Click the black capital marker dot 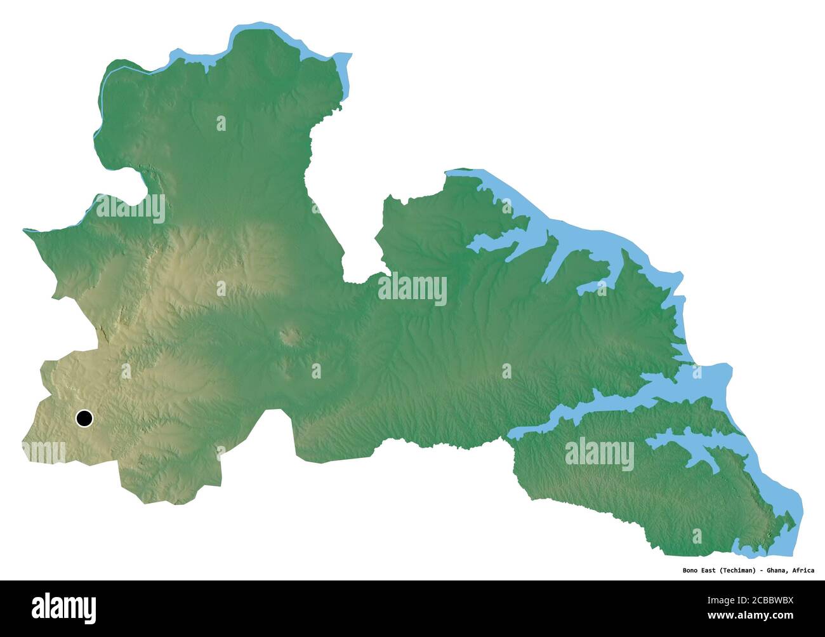coord(84,419)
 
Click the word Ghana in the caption coord(779,570)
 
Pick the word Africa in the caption coord(803,570)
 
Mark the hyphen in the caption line coord(762,570)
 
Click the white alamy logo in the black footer coord(63,607)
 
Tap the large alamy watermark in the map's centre coord(412,289)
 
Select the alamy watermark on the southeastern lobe coord(599,454)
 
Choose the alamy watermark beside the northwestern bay coord(130,208)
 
